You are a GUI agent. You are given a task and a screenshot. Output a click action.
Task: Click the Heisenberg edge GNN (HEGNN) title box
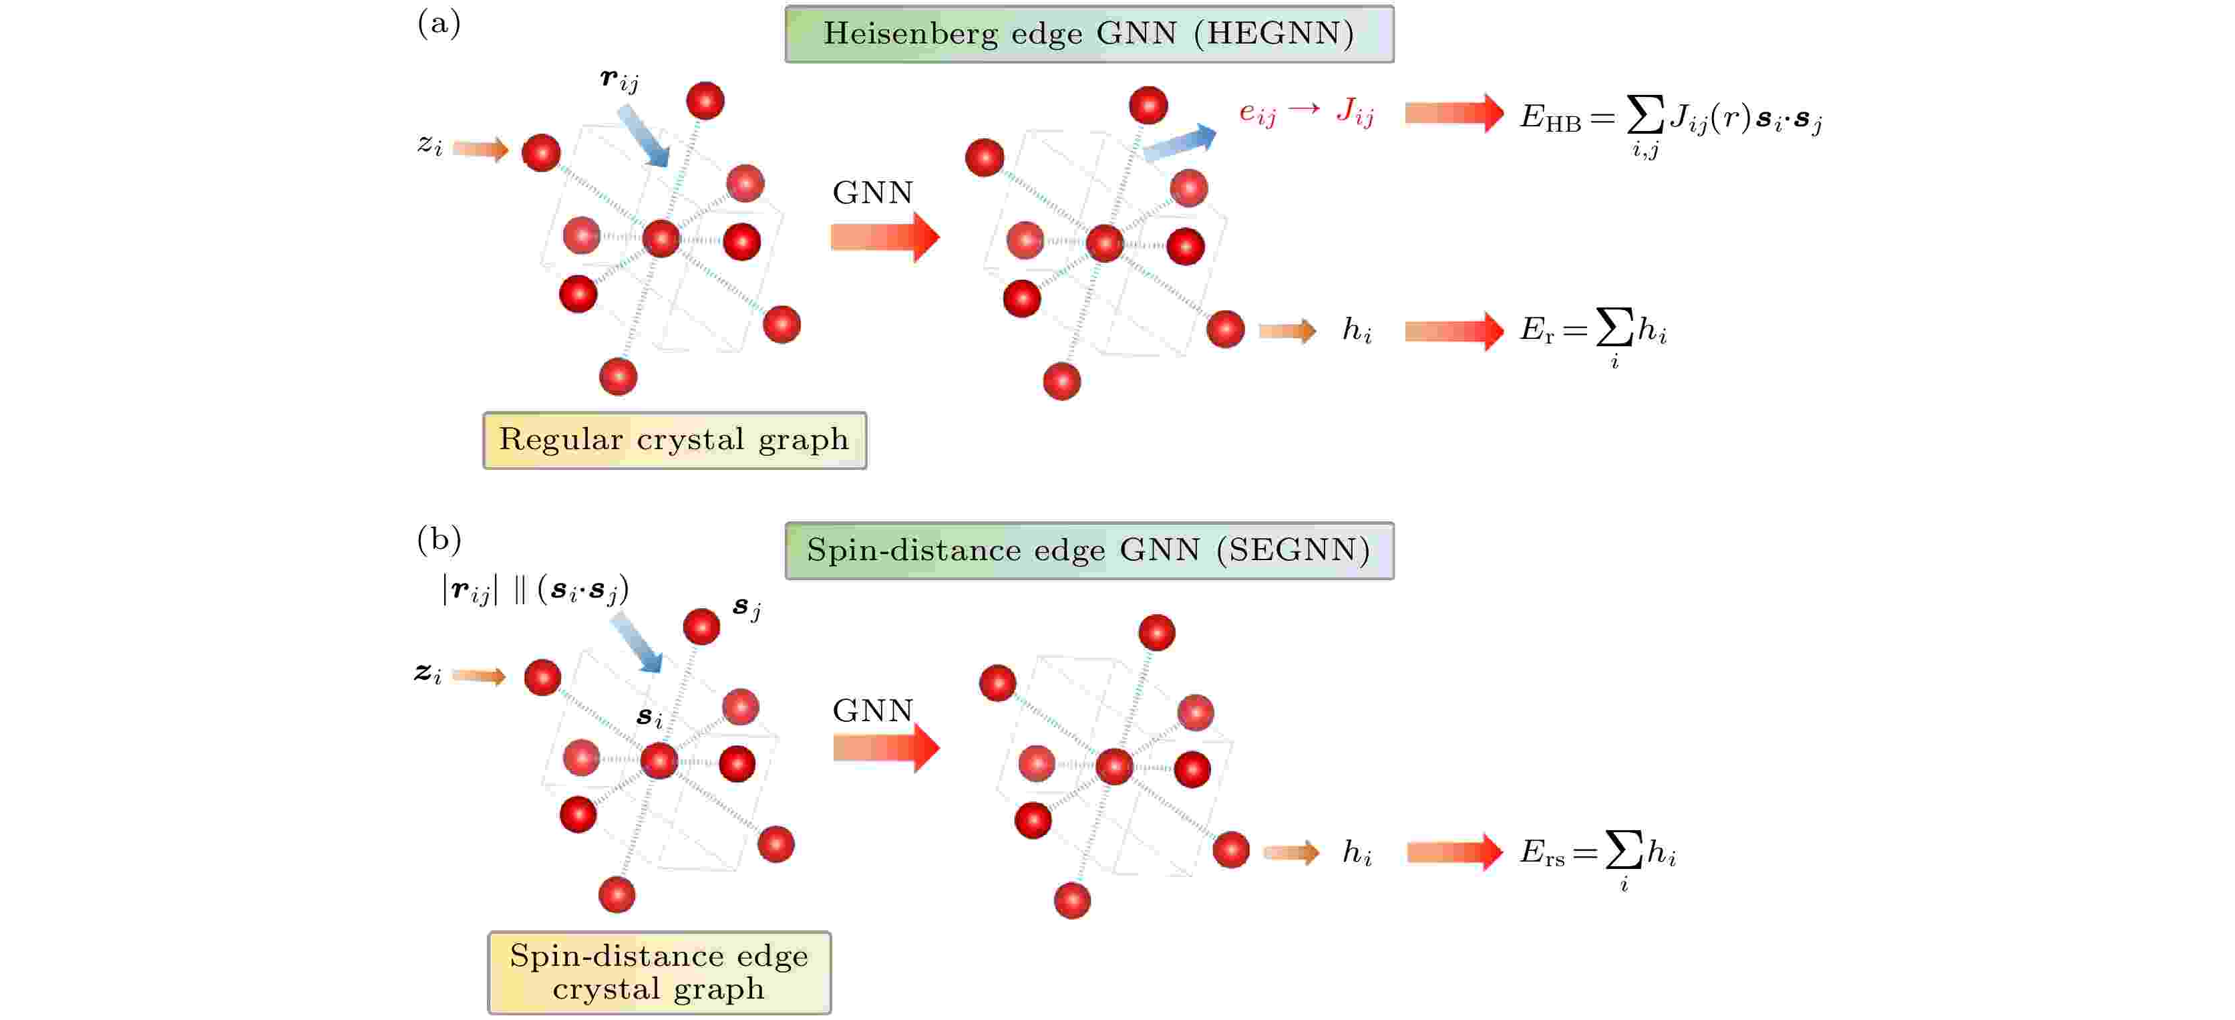[1089, 34]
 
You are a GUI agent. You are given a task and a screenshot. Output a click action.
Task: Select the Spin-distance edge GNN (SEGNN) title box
[1089, 550]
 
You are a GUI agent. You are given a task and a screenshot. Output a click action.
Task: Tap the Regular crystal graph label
[674, 440]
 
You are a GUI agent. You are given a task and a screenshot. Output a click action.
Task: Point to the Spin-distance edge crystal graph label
[659, 973]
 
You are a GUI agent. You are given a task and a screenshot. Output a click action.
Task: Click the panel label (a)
[439, 23]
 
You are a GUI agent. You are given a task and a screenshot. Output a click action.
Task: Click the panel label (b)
[439, 540]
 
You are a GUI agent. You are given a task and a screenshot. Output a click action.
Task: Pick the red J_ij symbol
[1355, 112]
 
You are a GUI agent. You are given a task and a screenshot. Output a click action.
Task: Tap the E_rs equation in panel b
[1597, 858]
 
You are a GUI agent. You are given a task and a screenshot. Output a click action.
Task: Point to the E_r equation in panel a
[1593, 336]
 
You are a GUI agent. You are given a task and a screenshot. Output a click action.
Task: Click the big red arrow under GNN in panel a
[885, 236]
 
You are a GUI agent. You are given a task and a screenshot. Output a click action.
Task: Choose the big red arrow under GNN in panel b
[886, 747]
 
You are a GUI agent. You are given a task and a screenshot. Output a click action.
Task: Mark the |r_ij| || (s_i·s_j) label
[535, 590]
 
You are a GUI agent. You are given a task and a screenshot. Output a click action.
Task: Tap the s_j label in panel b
[747, 608]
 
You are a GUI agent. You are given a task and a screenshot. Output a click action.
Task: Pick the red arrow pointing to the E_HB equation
[1454, 113]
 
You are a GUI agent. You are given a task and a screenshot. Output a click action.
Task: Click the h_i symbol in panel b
[1357, 852]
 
